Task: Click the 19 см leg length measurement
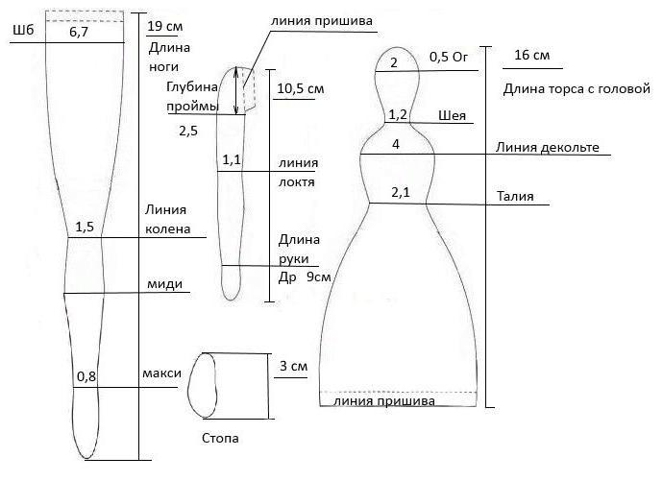pyautogui.click(x=165, y=26)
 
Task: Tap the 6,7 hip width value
pyautogui.click(x=79, y=32)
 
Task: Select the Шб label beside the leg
pyautogui.click(x=23, y=30)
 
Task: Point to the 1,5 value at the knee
pyautogui.click(x=85, y=227)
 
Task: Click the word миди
pyautogui.click(x=165, y=284)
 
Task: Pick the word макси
pyautogui.click(x=162, y=373)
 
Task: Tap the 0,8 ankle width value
pyautogui.click(x=86, y=376)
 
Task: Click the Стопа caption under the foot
pyautogui.click(x=220, y=439)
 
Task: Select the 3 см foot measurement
pyautogui.click(x=293, y=366)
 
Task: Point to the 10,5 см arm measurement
pyautogui.click(x=301, y=88)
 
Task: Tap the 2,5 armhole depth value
pyautogui.click(x=188, y=131)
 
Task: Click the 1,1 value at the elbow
pyautogui.click(x=232, y=159)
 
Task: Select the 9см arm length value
pyautogui.click(x=318, y=277)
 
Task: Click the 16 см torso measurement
pyautogui.click(x=532, y=55)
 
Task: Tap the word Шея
pyautogui.click(x=452, y=116)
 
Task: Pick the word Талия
pyautogui.click(x=515, y=197)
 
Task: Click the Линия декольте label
pyautogui.click(x=548, y=148)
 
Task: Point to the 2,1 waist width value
pyautogui.click(x=401, y=193)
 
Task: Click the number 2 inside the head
pyautogui.click(x=394, y=62)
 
